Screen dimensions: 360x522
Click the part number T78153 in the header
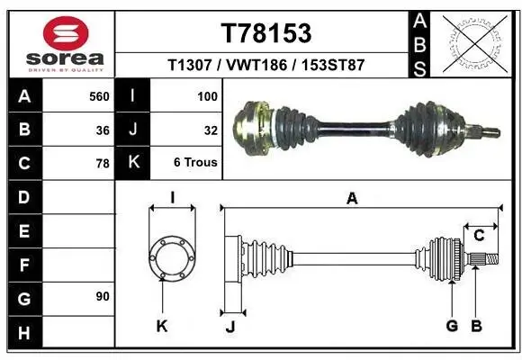coord(265,33)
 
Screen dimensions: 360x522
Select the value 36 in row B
coord(103,130)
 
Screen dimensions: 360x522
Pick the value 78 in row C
coord(103,164)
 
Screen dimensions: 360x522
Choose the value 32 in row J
coord(211,130)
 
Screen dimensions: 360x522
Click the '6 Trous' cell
coord(195,164)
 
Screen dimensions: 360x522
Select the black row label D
coord(23,197)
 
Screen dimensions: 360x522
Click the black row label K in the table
coord(132,163)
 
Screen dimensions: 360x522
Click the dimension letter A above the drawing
coord(352,200)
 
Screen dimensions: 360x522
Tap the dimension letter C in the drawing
coord(480,237)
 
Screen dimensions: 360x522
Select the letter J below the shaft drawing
coord(229,326)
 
